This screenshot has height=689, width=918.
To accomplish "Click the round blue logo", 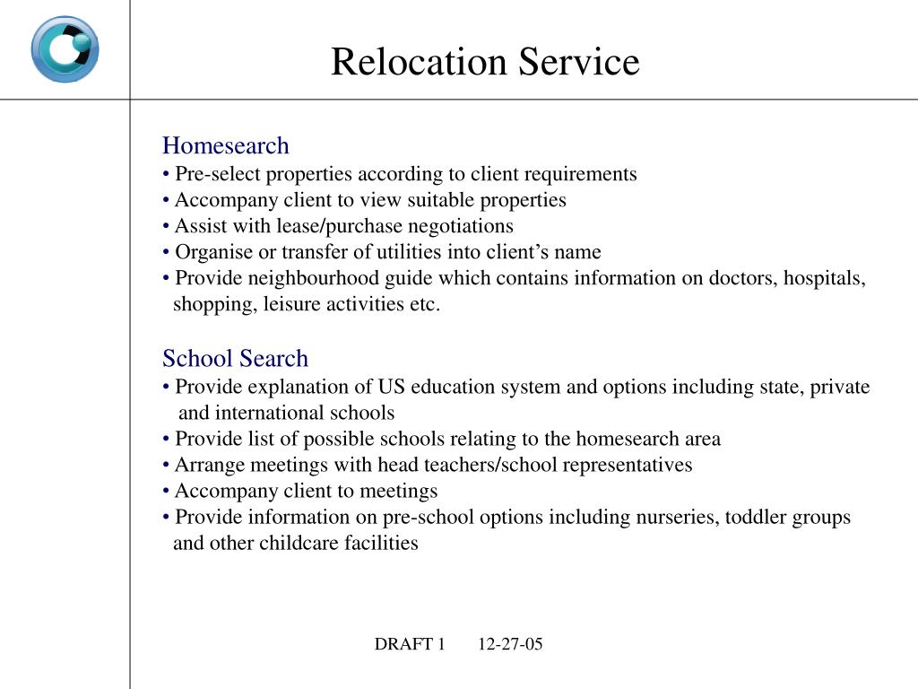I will click(65, 49).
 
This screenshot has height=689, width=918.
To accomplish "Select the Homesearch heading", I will click(226, 145).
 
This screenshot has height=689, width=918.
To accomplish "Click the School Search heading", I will click(235, 359).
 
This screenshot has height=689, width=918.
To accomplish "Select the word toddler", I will click(756, 518).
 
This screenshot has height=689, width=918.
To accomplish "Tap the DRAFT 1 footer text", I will click(410, 644).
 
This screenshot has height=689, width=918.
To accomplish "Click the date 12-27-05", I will click(510, 644).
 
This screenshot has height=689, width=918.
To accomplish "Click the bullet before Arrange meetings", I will click(167, 466).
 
